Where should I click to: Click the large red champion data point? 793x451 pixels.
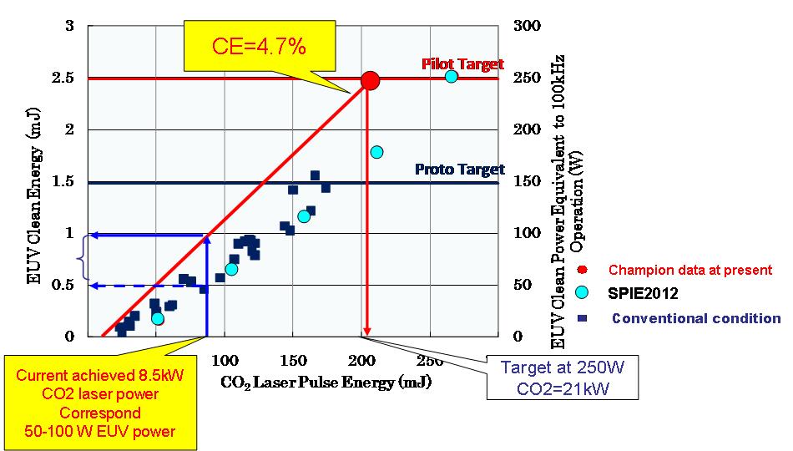(x=370, y=80)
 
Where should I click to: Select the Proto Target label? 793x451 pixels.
(x=459, y=170)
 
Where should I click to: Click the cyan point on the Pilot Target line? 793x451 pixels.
(x=451, y=77)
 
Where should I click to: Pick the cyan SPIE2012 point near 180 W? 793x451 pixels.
(x=376, y=152)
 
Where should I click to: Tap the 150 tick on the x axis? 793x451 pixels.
(x=292, y=361)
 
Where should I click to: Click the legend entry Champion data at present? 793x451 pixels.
(x=689, y=270)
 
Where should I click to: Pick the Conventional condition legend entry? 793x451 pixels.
(x=695, y=318)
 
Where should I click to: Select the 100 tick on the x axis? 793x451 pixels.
(x=224, y=361)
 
